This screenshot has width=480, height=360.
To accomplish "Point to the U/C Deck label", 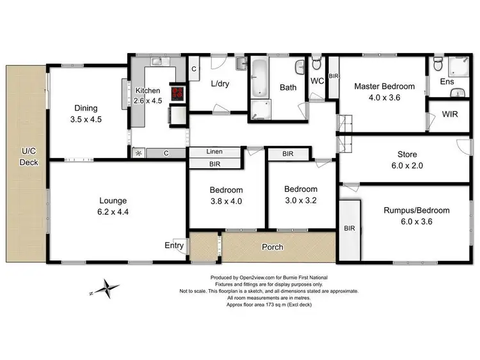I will (29, 157).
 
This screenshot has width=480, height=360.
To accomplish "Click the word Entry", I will (174, 246).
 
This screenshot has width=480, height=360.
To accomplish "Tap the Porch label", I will (273, 247).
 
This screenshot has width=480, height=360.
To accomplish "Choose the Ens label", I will (446, 82).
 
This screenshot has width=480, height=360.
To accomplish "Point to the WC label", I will (317, 81).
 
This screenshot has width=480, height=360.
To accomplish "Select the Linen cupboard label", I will (214, 152).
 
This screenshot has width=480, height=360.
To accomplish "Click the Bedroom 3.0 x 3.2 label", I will (301, 194).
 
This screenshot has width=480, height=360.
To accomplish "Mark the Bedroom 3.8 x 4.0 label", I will (226, 195).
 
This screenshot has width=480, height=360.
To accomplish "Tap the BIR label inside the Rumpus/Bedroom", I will (349, 228).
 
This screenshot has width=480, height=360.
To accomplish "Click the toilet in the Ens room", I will (438, 64).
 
